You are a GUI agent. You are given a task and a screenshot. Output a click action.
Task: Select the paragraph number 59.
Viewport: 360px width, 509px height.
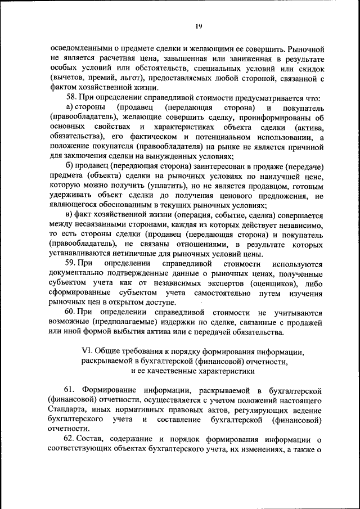[x=70, y=264]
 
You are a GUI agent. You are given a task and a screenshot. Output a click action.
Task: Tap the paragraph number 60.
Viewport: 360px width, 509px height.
[x=70, y=313]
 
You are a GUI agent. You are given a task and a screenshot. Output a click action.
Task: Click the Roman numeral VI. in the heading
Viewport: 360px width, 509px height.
[x=89, y=352]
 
